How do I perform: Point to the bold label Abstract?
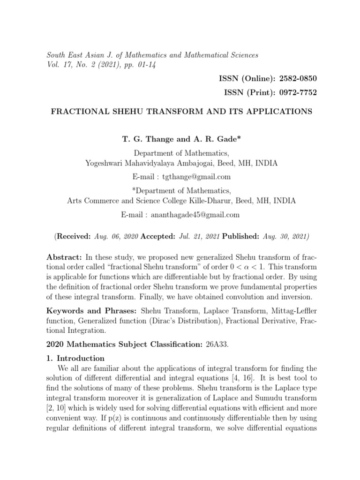[x=64, y=258]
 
